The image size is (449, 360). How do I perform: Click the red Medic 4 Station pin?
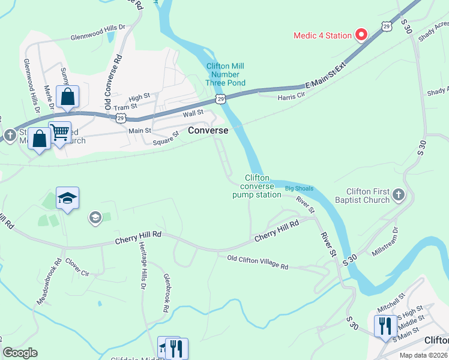coord(361,35)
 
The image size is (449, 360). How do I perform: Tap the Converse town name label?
coord(208,130)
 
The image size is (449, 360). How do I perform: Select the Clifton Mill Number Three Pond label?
coord(224,74)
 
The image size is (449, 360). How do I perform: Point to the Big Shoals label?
coord(299,188)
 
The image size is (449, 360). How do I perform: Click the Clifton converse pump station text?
coord(257,186)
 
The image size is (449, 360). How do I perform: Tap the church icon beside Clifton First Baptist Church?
coord(398,194)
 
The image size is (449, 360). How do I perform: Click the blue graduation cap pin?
coord(68,199)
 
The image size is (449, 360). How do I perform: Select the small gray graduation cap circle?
coord(95,217)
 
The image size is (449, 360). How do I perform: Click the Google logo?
coord(20,353)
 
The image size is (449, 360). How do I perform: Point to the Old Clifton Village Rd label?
coord(258,263)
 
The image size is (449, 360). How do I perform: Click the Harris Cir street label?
coord(292,97)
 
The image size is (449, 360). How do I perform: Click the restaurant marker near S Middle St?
coord(385,325)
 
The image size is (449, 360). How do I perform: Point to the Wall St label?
coord(193,112)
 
